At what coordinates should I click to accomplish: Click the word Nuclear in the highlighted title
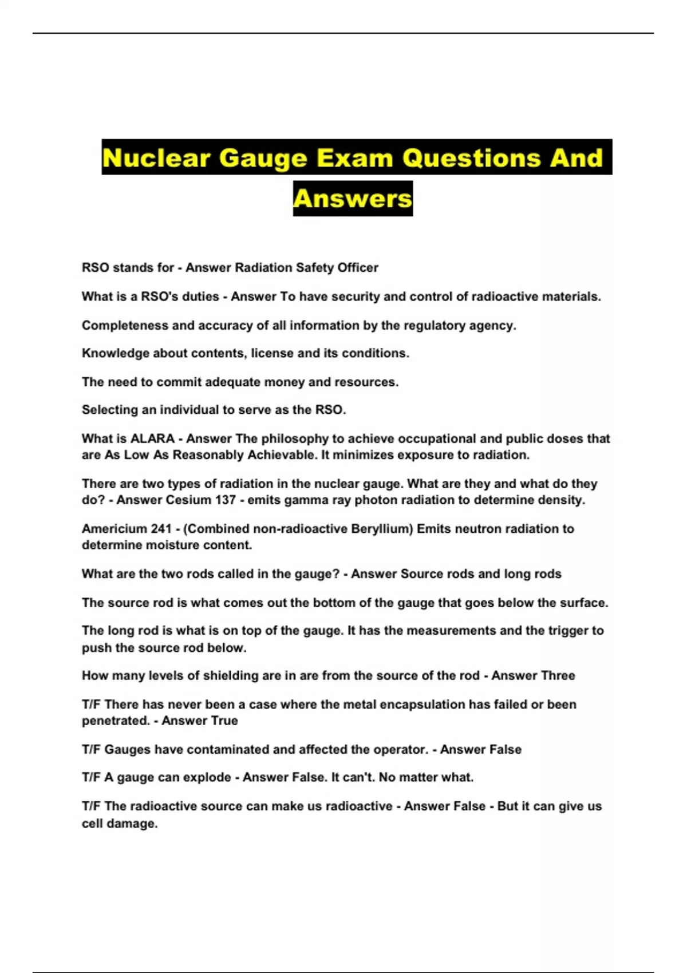(156, 157)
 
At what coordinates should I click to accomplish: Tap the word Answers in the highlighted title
(353, 199)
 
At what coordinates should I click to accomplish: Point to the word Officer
(358, 268)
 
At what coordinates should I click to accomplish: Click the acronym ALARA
(152, 439)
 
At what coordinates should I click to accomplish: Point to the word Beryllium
(382, 529)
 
